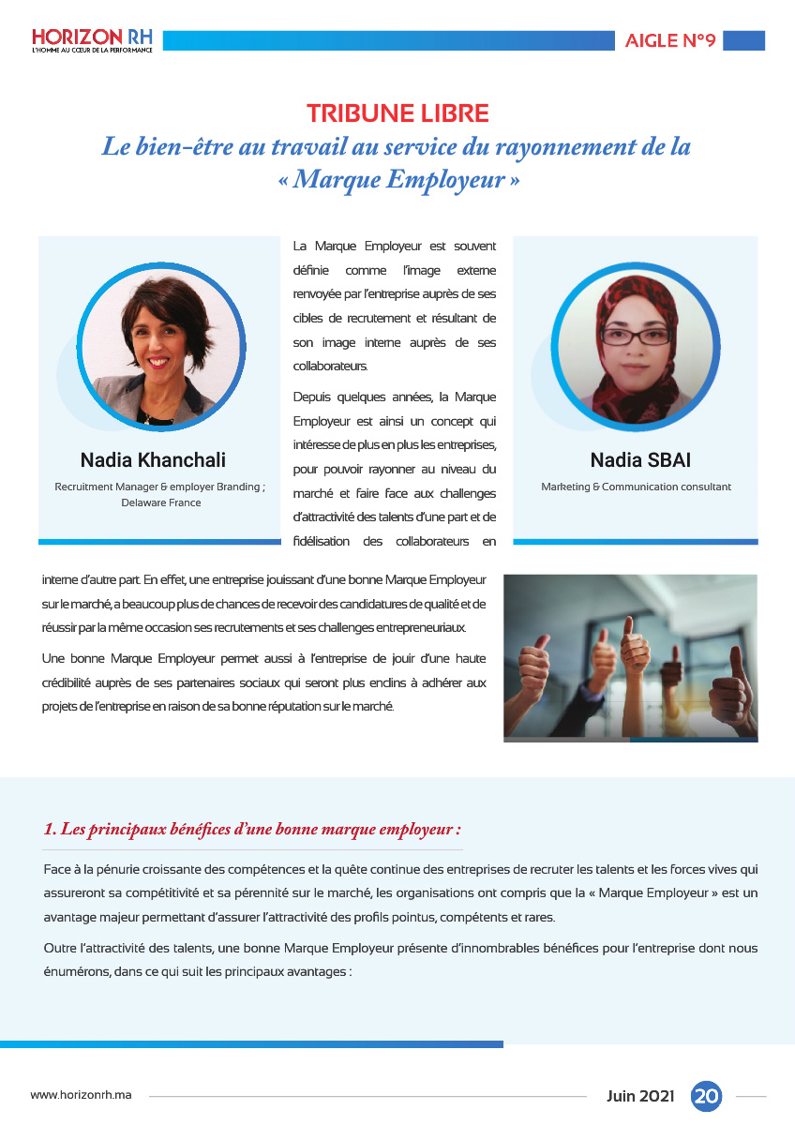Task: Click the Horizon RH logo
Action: pos(91,39)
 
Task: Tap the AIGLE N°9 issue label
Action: pos(670,41)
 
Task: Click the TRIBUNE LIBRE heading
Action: pos(397,114)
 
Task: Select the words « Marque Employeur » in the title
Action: pos(397,179)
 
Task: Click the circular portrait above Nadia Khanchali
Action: pos(160,346)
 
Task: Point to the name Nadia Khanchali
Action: pos(153,459)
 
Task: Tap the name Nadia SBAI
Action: pos(640,459)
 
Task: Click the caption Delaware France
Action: pos(160,502)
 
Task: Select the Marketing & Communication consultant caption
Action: pos(636,487)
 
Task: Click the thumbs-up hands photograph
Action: pos(630,657)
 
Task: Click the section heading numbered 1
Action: pos(252,829)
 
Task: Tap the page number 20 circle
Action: pos(706,1095)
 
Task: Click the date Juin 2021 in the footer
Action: pos(640,1095)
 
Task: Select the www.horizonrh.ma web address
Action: pos(81,1095)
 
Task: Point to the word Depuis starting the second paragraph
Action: pos(312,397)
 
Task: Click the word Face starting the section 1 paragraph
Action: pos(58,868)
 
